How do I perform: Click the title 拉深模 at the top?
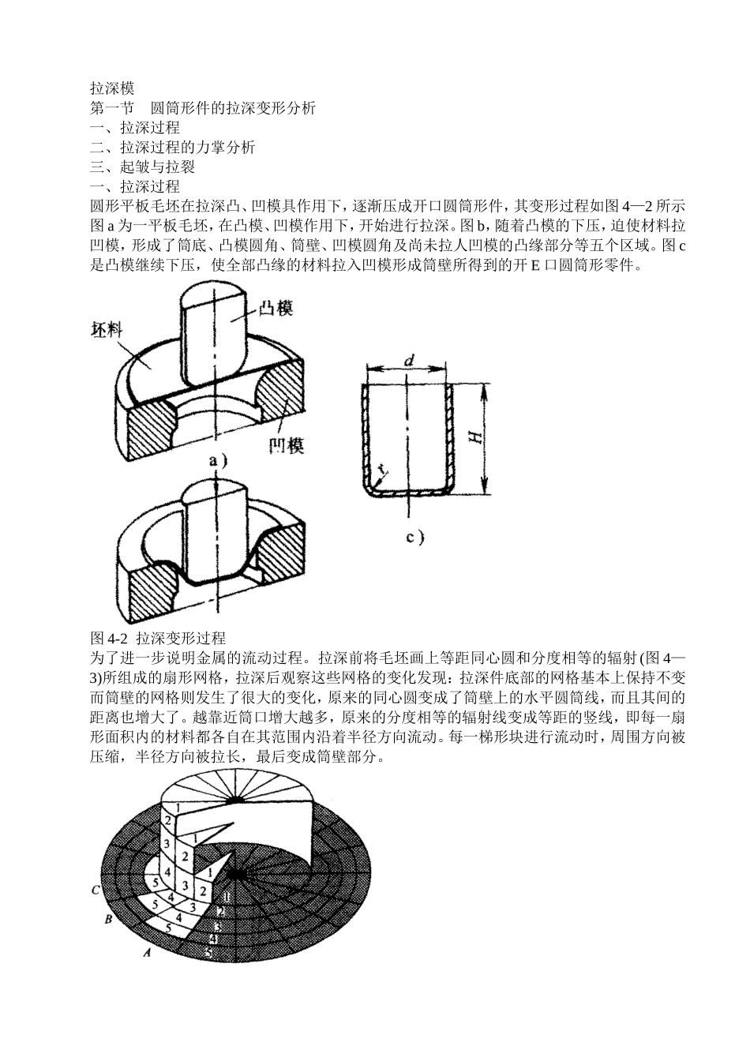(113, 89)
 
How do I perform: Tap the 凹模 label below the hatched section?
(286, 445)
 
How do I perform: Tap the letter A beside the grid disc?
(145, 953)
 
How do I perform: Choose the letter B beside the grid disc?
(109, 919)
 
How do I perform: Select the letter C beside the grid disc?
(95, 890)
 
